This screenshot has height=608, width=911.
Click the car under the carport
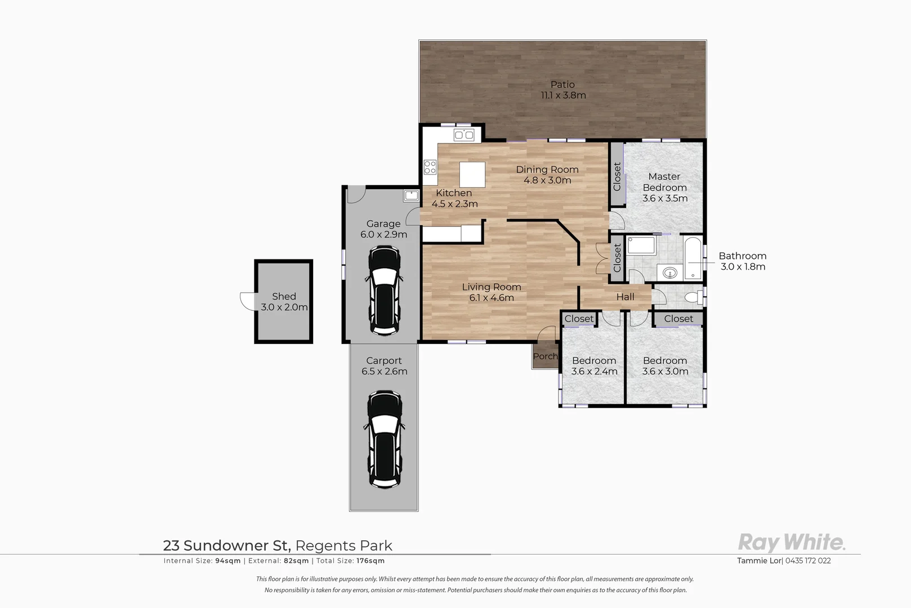385,439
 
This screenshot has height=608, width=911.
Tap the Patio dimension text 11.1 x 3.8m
563,96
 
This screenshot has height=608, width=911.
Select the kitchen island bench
472,175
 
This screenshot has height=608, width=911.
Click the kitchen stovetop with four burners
430,167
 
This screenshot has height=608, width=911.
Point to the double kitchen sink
464,135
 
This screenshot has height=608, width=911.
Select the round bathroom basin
669,274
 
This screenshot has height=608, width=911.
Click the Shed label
284,296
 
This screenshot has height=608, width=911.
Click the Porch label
545,356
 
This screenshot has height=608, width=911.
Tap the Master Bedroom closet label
617,176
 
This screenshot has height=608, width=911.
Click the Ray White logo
791,543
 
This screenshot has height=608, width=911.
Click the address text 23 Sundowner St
226,546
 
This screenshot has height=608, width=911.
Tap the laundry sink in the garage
411,196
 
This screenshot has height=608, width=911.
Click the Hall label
625,297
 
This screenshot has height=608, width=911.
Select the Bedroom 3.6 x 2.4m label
594,366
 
